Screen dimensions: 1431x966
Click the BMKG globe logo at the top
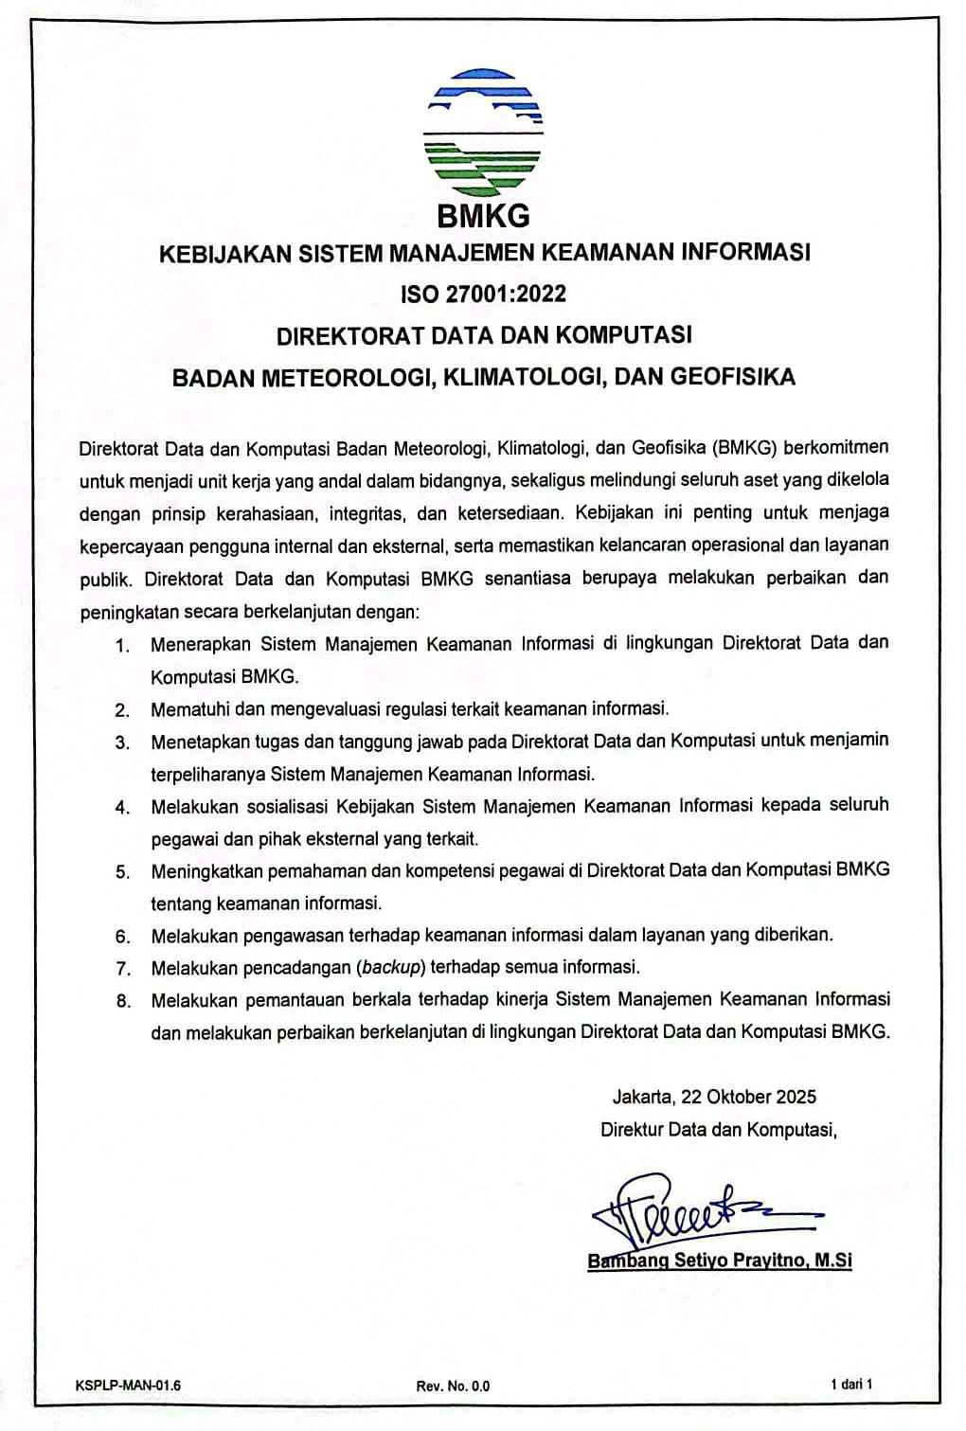click(x=484, y=128)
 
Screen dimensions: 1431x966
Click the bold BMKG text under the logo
click(x=484, y=216)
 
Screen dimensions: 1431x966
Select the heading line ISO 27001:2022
click(x=484, y=294)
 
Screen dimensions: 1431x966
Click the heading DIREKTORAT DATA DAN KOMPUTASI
click(x=484, y=335)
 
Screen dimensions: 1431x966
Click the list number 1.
click(x=122, y=646)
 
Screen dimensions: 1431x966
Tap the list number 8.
click(x=122, y=1001)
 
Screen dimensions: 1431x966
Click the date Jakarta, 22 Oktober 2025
click(x=714, y=1097)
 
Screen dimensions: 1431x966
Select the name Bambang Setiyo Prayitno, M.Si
click(x=720, y=1261)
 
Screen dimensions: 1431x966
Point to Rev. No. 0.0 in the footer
click(x=453, y=1386)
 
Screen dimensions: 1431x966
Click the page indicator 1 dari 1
click(x=850, y=1385)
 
